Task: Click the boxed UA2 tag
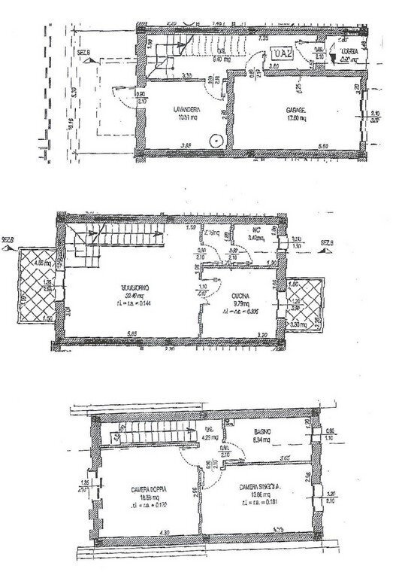tap(283, 53)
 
